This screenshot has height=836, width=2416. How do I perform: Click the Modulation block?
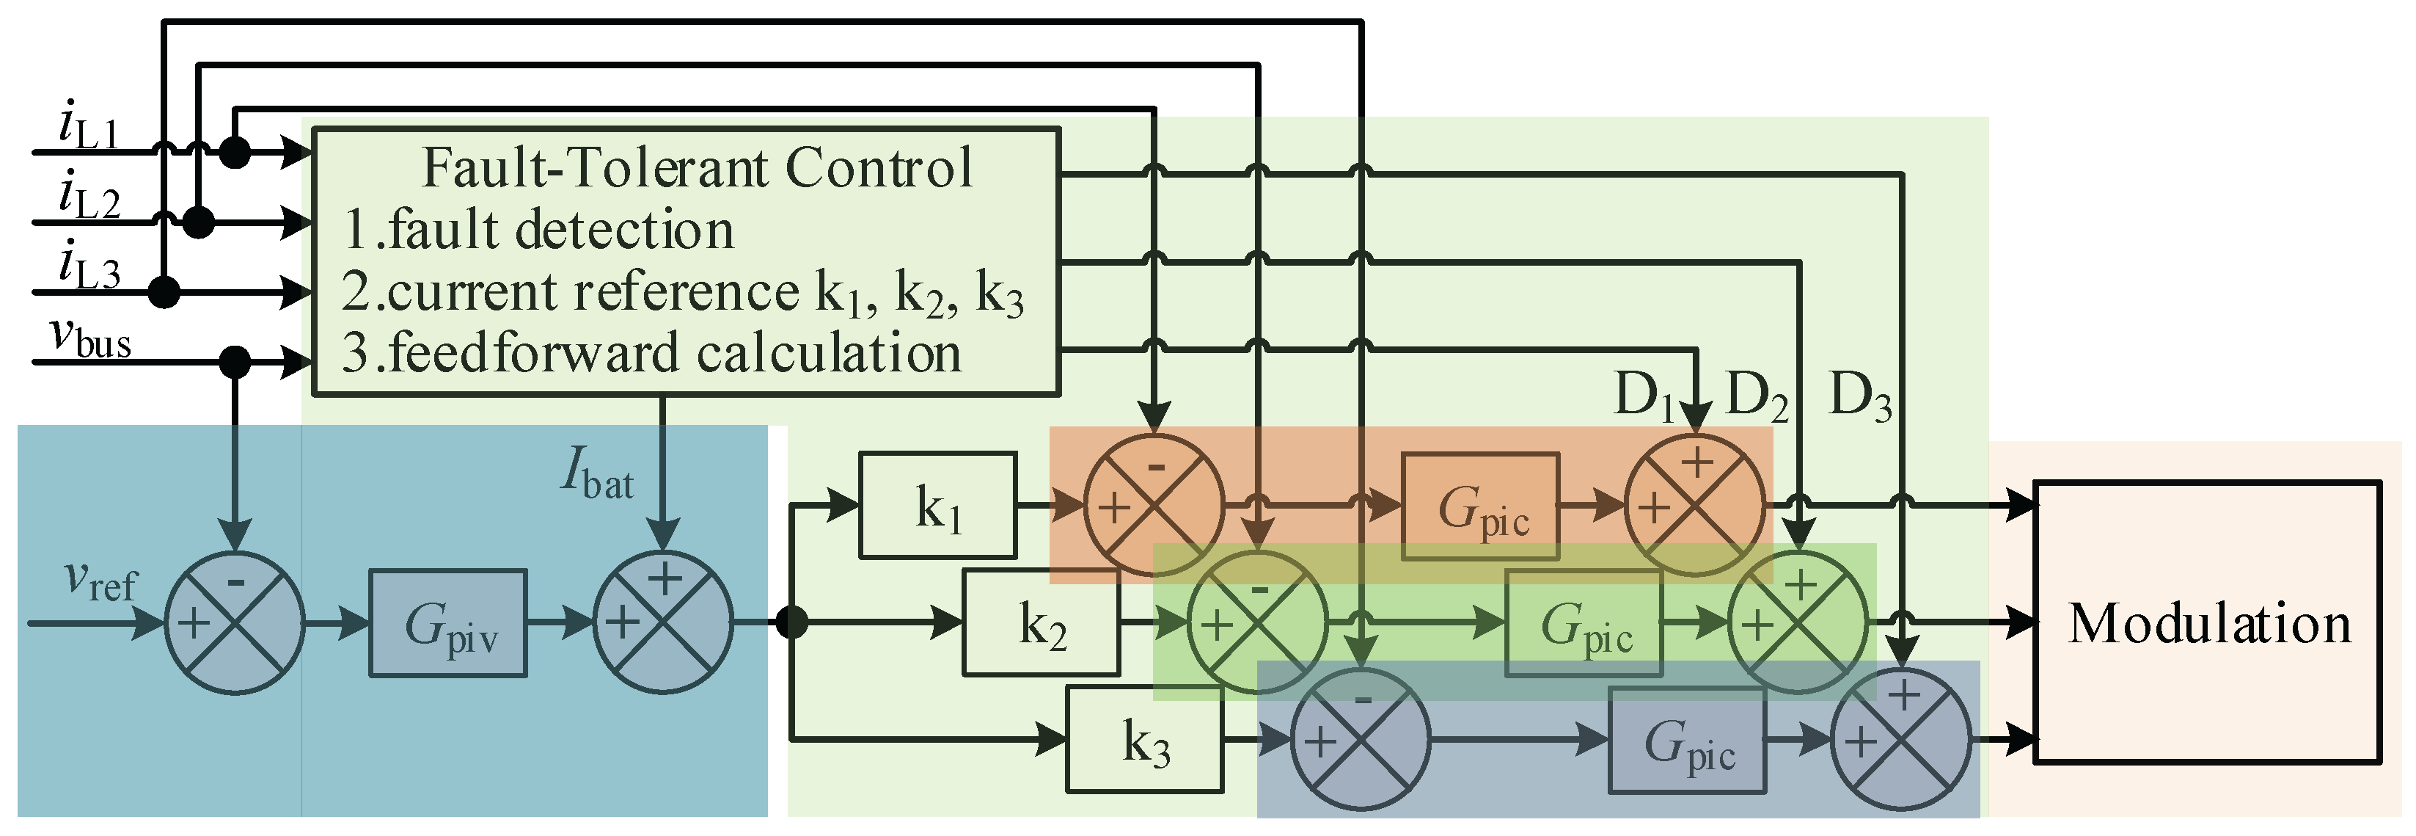pos(2206,622)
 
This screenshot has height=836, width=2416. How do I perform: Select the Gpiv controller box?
pos(447,623)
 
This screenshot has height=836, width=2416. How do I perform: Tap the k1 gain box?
pos(938,506)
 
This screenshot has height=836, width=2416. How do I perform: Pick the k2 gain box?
pos(1041,623)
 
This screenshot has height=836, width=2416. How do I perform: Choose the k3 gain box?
pos(1144,739)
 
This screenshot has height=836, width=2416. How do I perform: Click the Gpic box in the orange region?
pos(1480,506)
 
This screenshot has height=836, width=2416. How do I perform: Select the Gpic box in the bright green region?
pos(1583,623)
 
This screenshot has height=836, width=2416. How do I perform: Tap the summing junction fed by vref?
pos(235,623)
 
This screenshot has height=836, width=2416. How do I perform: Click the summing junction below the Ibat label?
pos(663,623)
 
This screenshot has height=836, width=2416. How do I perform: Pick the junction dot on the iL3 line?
pos(164,292)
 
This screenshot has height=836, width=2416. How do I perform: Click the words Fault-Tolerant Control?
pos(696,168)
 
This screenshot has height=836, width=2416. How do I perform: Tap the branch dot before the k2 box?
pos(793,622)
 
